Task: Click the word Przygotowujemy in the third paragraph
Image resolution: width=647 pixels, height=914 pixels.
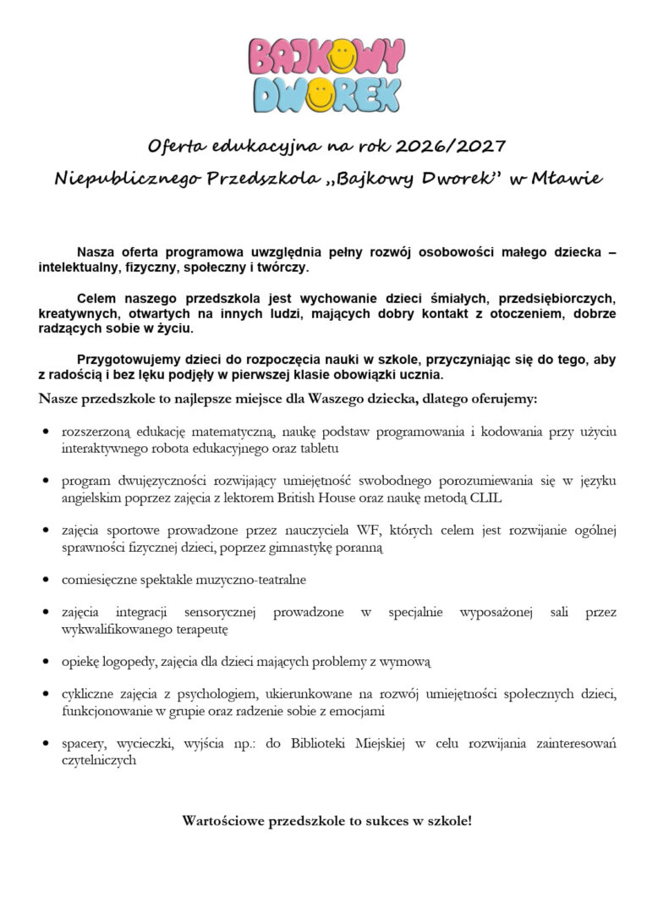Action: pos(129,359)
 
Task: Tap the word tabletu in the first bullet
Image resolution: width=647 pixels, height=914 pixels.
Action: pos(318,448)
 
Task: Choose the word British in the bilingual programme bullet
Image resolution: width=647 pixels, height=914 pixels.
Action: pos(301,498)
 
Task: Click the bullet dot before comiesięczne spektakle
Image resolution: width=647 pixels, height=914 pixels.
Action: pos(45,581)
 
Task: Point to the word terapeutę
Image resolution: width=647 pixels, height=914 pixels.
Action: pos(199,630)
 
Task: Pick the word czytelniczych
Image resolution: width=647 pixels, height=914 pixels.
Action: pos(98,760)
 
